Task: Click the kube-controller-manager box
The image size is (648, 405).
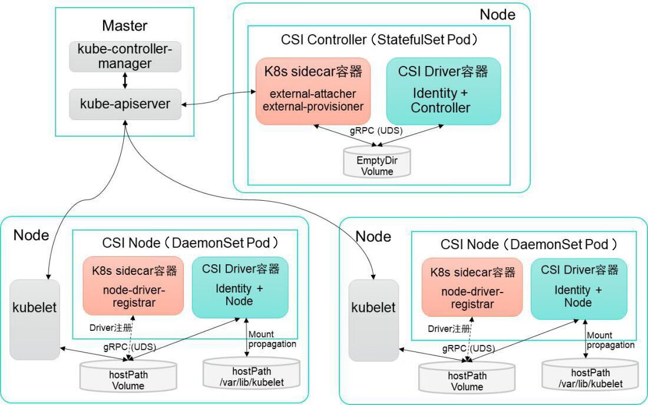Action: pos(125,57)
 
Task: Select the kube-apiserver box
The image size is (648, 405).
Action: pos(125,104)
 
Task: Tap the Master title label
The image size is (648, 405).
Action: pos(124,25)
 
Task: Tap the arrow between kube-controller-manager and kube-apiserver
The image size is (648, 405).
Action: pos(125,80)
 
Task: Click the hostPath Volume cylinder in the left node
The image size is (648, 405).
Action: pos(128,377)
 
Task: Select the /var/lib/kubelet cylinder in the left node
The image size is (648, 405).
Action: pos(251,373)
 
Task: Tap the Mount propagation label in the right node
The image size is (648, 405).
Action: pos(610,340)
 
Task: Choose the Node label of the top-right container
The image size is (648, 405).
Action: pos(497,14)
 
